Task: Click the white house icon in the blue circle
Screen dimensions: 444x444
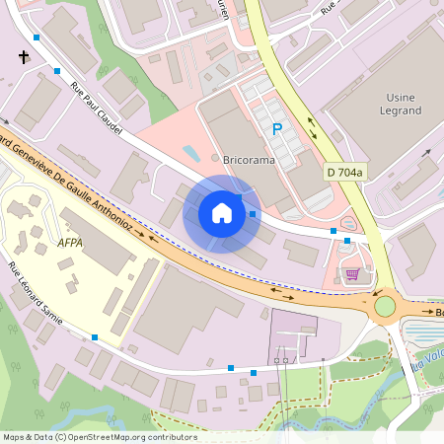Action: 222,213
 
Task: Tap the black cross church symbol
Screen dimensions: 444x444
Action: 23,58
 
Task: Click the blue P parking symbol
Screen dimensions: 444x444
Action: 277,129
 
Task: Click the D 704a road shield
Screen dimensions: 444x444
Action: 345,173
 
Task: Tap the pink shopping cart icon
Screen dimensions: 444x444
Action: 352,273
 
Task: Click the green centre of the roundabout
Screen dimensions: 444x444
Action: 385,306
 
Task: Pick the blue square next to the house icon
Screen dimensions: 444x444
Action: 254,213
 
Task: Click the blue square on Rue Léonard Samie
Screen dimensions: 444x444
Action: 95,337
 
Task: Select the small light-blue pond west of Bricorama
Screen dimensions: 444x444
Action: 191,153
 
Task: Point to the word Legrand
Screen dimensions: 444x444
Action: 400,111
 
